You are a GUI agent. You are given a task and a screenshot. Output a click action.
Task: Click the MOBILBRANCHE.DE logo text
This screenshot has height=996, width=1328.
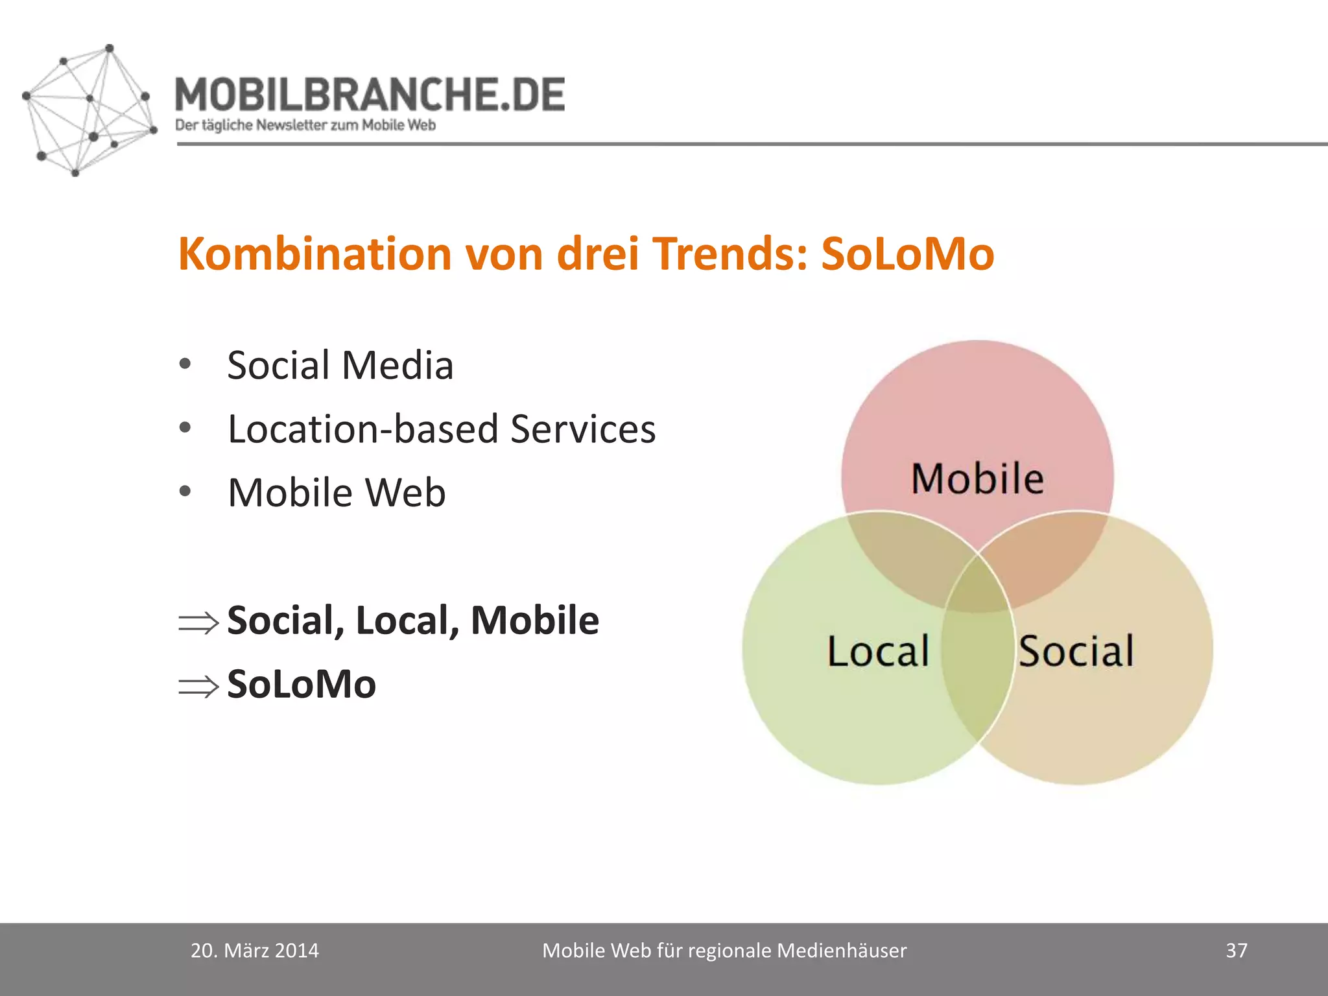[370, 95]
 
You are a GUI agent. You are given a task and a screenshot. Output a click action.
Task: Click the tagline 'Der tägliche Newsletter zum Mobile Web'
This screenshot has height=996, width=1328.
[305, 125]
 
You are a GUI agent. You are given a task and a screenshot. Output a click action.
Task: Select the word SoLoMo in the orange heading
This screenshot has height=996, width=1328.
[907, 254]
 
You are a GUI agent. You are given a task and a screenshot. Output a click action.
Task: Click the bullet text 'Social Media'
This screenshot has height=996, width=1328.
[340, 365]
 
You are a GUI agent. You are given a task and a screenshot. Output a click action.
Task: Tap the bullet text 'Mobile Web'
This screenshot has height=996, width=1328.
[337, 493]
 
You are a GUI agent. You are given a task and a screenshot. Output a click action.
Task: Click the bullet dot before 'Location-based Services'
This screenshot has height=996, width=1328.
[185, 428]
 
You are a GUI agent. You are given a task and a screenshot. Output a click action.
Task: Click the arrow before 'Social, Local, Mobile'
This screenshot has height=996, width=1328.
[198, 623]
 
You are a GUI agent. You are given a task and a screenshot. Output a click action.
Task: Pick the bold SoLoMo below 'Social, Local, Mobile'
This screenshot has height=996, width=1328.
[302, 684]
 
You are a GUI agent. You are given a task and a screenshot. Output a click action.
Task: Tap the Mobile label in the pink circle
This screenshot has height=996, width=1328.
[977, 479]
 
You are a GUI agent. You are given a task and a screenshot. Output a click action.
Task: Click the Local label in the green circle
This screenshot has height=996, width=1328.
[878, 651]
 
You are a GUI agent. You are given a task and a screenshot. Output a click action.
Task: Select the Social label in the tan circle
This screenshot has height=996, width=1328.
[1076, 651]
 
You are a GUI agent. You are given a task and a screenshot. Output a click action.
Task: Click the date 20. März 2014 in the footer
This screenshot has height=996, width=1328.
[254, 951]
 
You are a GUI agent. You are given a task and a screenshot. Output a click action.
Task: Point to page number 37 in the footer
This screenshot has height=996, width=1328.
[1236, 951]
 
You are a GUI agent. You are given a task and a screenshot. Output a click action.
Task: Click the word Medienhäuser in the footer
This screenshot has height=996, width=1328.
[842, 951]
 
